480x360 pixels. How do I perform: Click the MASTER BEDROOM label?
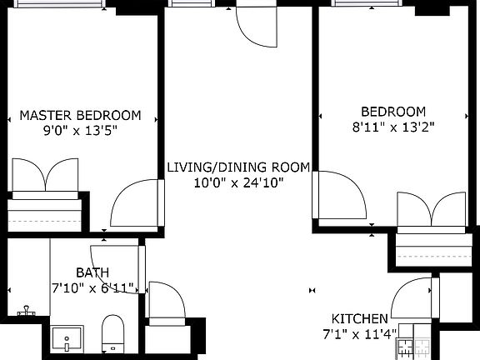(80, 115)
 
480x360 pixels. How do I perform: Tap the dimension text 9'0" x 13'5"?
(80, 131)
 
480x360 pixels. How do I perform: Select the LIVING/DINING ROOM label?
(238, 167)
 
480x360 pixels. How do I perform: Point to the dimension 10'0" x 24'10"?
(238, 183)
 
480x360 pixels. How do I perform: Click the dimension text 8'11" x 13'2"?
(393, 127)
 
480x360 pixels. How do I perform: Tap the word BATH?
(92, 272)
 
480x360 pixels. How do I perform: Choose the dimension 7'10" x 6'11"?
(92, 288)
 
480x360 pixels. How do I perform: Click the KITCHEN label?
(360, 319)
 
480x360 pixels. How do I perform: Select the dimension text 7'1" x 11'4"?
(360, 334)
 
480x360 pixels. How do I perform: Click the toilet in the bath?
(113, 334)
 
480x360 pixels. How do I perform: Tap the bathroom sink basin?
(67, 339)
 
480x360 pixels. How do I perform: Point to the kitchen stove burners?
(414, 347)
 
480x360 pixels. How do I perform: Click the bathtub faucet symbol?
(27, 310)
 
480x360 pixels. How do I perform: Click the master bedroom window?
(58, 3)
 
